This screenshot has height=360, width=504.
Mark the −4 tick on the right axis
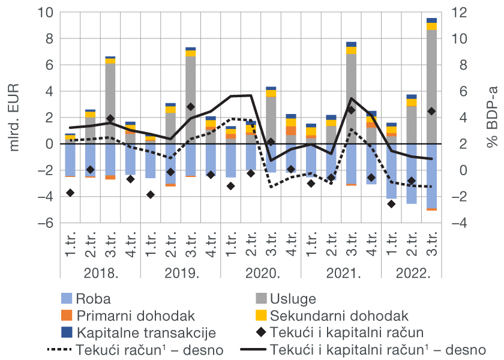457,223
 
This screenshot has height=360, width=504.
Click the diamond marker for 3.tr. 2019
191,107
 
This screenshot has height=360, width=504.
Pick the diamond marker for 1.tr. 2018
70,193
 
